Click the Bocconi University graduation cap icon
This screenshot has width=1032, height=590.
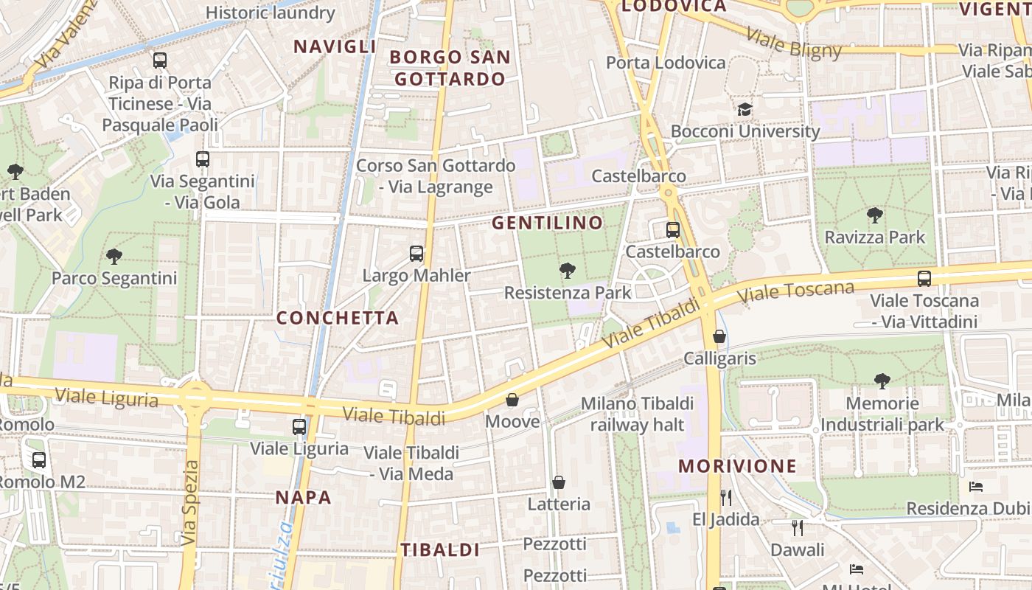tap(745, 110)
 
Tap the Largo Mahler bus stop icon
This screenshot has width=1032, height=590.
tap(416, 254)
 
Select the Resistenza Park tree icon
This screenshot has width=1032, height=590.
tap(567, 271)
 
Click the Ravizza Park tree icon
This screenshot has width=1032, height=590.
tap(875, 215)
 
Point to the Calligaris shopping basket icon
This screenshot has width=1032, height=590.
tap(719, 337)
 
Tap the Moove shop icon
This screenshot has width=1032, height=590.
tap(512, 400)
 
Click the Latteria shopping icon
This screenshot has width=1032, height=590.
tap(559, 482)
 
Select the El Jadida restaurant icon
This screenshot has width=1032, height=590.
tap(726, 498)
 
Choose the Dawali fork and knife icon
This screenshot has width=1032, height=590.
tap(797, 528)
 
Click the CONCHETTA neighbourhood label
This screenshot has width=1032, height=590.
tap(337, 318)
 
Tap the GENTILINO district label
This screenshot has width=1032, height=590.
tap(547, 222)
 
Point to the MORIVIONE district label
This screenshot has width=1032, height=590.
tap(737, 466)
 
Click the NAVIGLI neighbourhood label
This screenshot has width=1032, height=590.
tap(335, 46)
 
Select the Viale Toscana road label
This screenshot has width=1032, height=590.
tap(796, 291)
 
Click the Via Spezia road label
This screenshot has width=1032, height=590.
tap(190, 504)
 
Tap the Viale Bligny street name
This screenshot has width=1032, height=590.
tap(793, 44)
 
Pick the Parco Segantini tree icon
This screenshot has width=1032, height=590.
tap(114, 257)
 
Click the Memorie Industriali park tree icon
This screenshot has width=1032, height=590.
tap(882, 381)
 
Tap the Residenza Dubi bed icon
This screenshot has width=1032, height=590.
tap(976, 487)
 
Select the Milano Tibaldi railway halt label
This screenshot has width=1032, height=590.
tap(638, 414)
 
